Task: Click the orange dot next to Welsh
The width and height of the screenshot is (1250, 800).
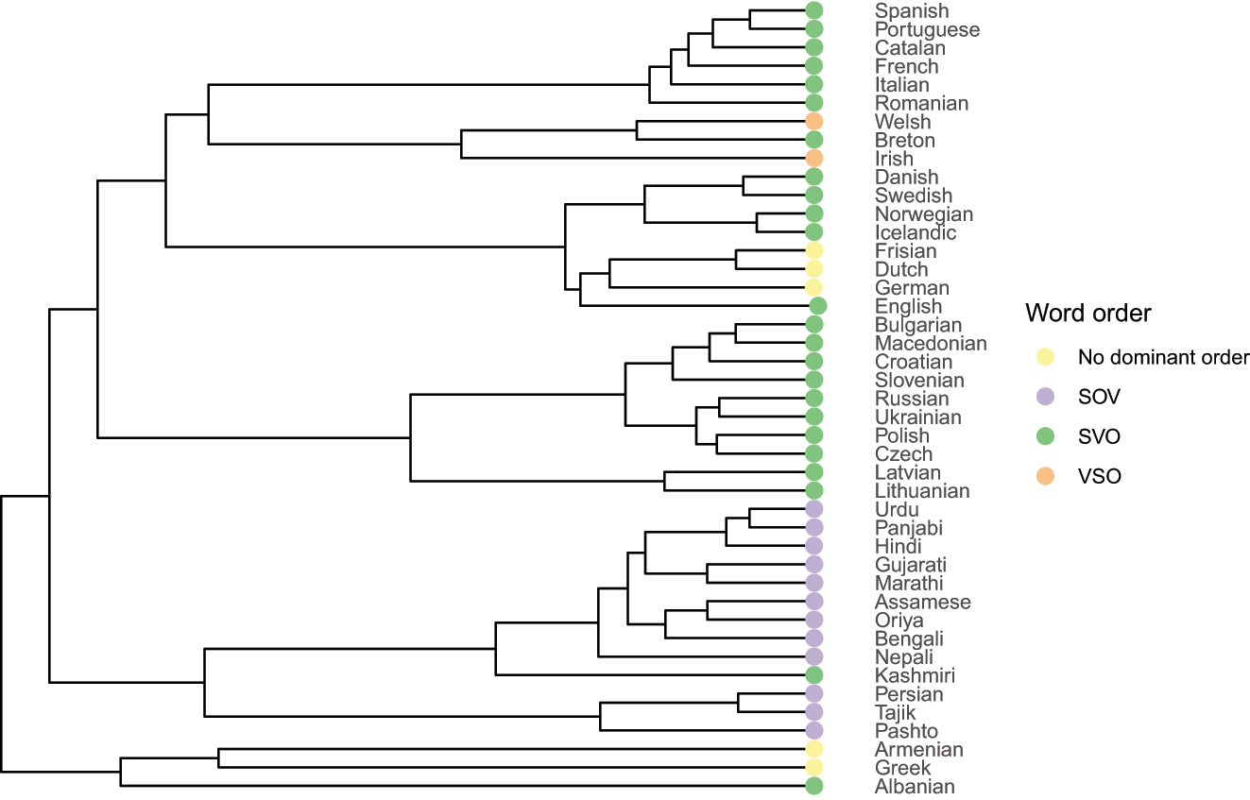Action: [813, 122]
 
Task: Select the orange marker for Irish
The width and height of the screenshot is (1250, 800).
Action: [813, 159]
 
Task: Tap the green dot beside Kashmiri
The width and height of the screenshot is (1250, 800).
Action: [813, 675]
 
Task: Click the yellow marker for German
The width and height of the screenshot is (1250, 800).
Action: [813, 287]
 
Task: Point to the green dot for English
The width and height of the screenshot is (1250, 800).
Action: [818, 306]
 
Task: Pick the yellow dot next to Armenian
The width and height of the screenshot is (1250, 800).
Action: [813, 749]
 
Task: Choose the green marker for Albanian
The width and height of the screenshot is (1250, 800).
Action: [813, 786]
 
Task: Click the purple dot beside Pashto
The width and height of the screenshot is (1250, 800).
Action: [813, 731]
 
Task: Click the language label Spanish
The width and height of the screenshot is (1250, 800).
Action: [911, 11]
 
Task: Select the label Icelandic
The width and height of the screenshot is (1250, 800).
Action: [915, 232]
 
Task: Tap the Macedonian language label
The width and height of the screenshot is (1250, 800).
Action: [930, 343]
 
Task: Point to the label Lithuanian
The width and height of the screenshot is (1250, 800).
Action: [921, 491]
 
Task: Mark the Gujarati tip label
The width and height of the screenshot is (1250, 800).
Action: [910, 565]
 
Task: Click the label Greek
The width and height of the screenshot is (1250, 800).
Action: [902, 768]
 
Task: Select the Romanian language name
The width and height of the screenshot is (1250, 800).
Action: [920, 103]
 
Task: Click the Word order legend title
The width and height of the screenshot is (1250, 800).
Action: [1088, 313]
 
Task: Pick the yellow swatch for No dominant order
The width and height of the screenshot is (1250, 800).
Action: [1044, 358]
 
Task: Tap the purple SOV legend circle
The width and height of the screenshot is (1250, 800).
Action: [1044, 398]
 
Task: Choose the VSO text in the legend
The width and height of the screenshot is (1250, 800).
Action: [1100, 477]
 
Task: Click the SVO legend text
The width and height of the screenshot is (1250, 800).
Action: [1100, 437]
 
